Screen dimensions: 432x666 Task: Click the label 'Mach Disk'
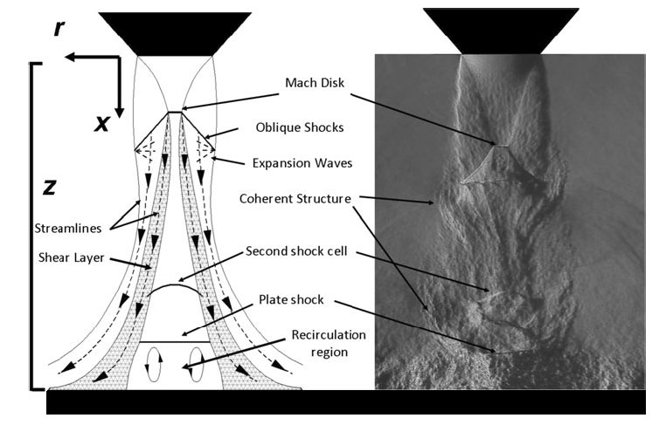(315, 84)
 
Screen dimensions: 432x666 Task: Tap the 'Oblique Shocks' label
(298, 127)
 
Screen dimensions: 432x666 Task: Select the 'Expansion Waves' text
(297, 162)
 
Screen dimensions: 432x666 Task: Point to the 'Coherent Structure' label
(295, 199)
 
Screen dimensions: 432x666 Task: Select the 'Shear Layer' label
(71, 257)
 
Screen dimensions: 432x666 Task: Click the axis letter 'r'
(59, 28)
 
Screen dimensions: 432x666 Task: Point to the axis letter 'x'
(103, 124)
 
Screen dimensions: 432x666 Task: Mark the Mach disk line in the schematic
(176, 112)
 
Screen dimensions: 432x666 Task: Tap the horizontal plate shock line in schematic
(175, 342)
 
